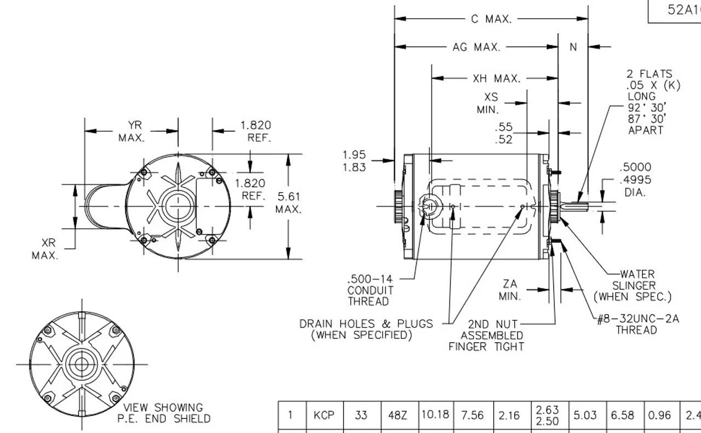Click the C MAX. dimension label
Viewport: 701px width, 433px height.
coord(491,19)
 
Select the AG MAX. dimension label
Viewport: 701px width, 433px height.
coord(476,48)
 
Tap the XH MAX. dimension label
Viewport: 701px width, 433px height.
coord(496,79)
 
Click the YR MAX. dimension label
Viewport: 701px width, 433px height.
coord(131,132)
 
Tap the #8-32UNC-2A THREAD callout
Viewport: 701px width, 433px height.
coord(638,325)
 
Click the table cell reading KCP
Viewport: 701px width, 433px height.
coord(324,415)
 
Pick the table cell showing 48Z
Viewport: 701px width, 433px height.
coord(399,415)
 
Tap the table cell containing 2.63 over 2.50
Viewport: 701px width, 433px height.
coord(548,415)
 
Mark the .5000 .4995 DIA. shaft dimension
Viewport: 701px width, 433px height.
coord(635,180)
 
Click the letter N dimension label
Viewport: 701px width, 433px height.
coord(573,48)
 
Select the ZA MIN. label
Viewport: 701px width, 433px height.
coord(509,290)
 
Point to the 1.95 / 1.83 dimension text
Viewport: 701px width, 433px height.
coord(354,161)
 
